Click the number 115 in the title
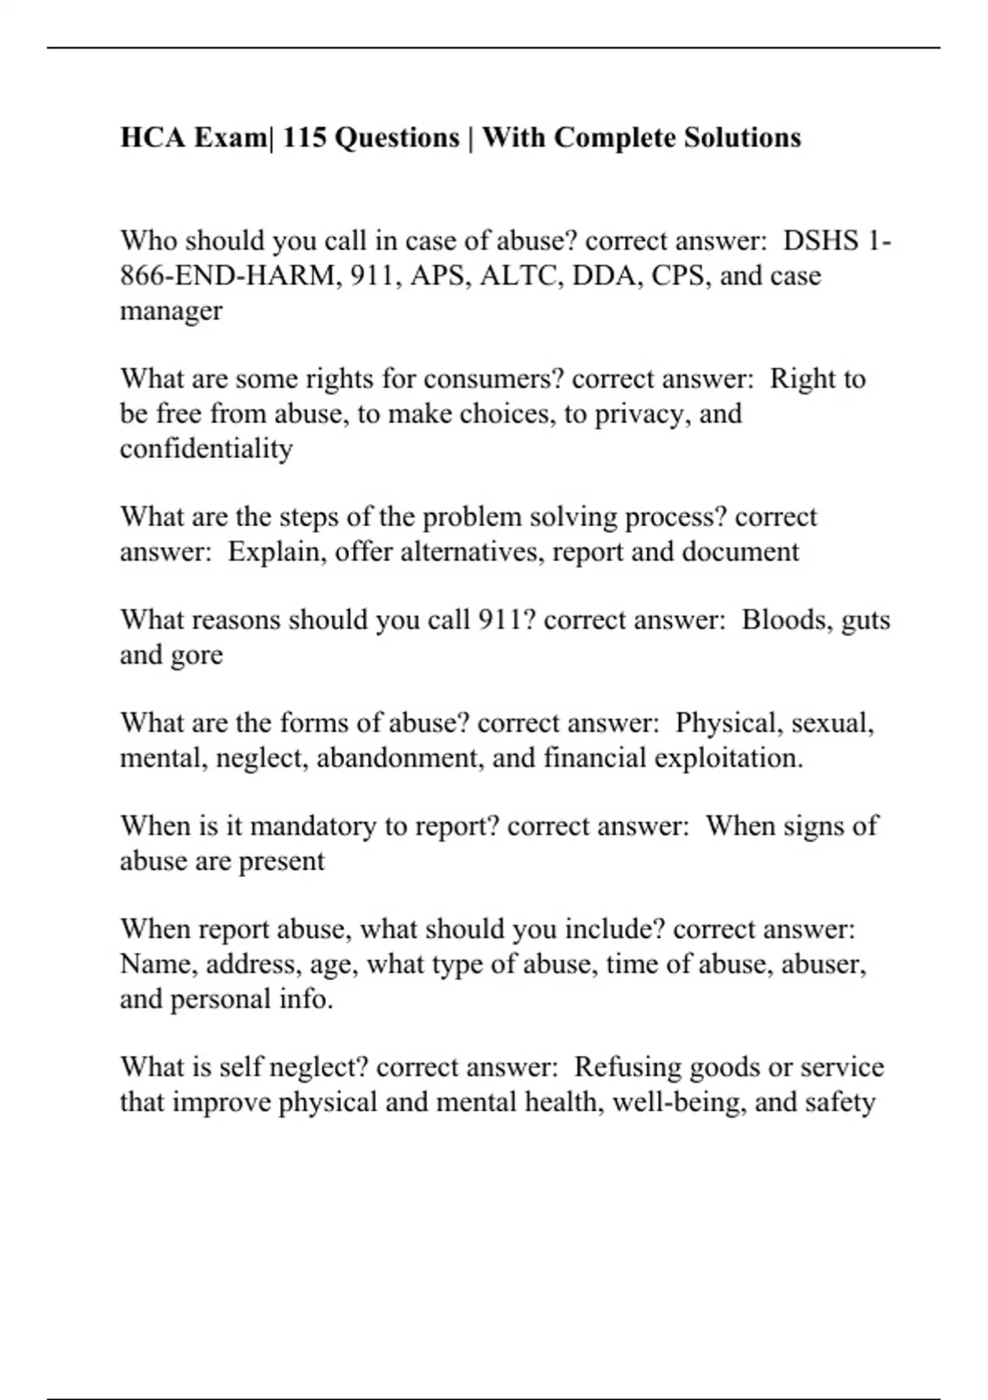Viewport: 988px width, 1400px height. [x=305, y=137]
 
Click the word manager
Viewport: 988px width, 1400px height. [x=171, y=310]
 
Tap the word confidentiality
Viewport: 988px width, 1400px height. [x=206, y=448]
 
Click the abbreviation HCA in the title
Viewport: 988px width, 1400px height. [x=153, y=137]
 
